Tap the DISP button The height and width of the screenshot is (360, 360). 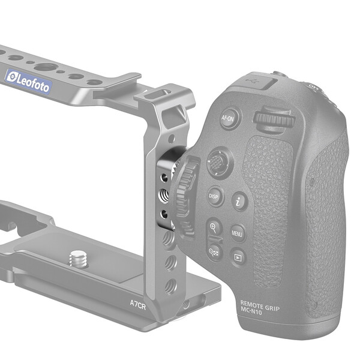(x=213, y=196)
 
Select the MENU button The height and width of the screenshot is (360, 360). (x=238, y=232)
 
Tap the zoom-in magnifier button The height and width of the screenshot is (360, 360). (x=214, y=227)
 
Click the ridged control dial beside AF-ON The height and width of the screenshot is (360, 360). (x=274, y=118)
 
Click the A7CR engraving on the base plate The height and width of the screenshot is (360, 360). (x=139, y=296)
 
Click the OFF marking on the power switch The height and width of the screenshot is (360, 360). (x=313, y=87)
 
